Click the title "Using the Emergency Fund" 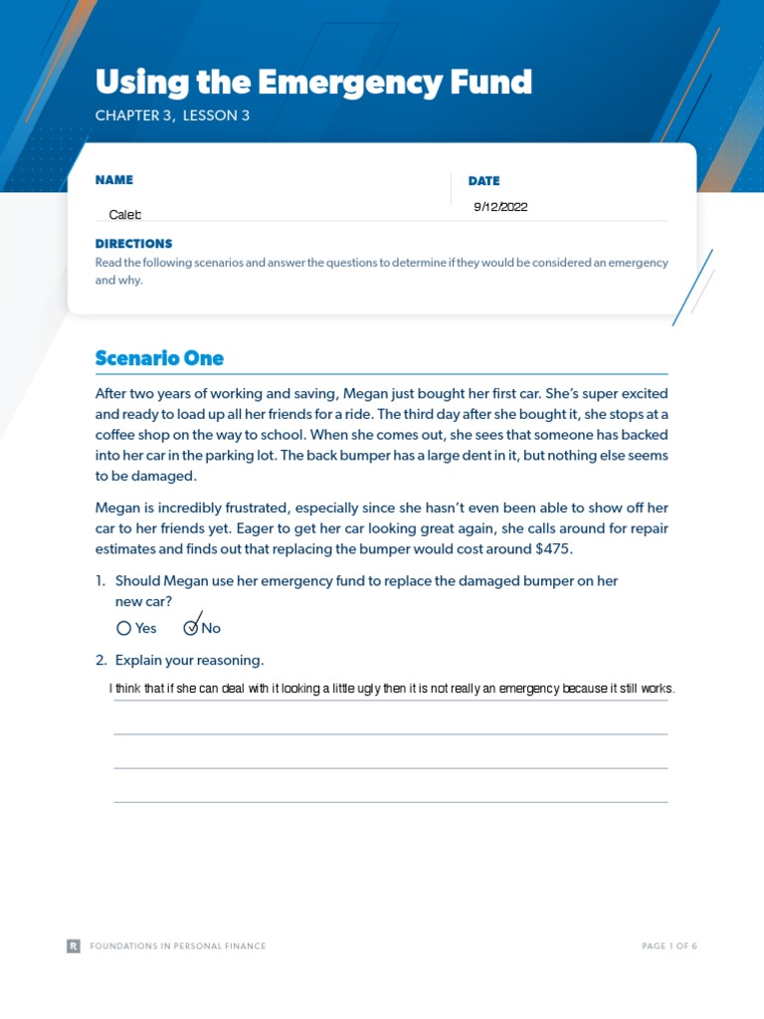coord(313,82)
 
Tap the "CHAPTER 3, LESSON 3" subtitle coord(172,115)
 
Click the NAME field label coord(114,180)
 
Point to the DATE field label coord(483,181)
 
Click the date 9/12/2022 coord(500,207)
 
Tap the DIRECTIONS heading coord(133,244)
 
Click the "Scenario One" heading coord(159,358)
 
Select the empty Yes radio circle coord(123,628)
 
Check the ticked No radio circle coord(191,628)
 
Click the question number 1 coord(100,581)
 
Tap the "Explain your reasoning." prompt coord(189,661)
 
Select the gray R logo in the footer coord(74,946)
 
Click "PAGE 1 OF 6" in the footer coord(669,946)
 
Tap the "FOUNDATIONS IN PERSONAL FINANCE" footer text coord(178,946)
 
